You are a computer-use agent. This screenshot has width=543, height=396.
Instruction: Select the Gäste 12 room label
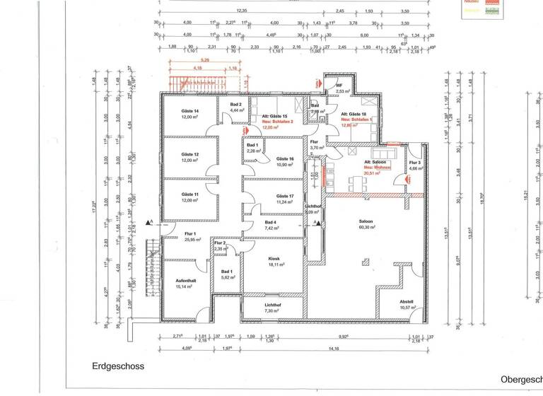click(190, 154)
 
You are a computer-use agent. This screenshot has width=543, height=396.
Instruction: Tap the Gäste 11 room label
click(190, 194)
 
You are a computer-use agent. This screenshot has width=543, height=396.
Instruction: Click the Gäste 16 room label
click(285, 159)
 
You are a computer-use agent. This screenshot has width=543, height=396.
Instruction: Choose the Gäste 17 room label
click(285, 196)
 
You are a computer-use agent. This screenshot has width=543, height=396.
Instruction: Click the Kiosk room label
click(275, 259)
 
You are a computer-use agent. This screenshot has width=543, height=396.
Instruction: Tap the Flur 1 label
click(189, 233)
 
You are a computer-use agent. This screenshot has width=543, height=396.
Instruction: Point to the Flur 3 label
click(415, 163)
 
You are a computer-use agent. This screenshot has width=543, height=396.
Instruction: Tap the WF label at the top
click(339, 86)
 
